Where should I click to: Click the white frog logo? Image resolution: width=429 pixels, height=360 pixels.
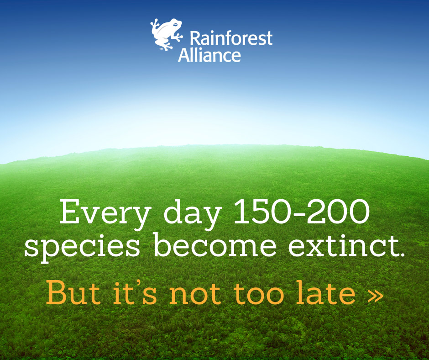tap(166, 34)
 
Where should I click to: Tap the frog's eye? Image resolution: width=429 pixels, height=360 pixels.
tap(175, 25)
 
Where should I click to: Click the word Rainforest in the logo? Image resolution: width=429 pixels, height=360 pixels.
tap(231, 38)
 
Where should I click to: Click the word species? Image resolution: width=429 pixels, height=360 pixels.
tap(82, 247)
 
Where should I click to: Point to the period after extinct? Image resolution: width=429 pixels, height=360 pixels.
tap(401, 254)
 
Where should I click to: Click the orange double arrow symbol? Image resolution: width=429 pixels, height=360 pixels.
tap(376, 296)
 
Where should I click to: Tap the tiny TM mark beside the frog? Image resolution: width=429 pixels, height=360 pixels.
tap(162, 49)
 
